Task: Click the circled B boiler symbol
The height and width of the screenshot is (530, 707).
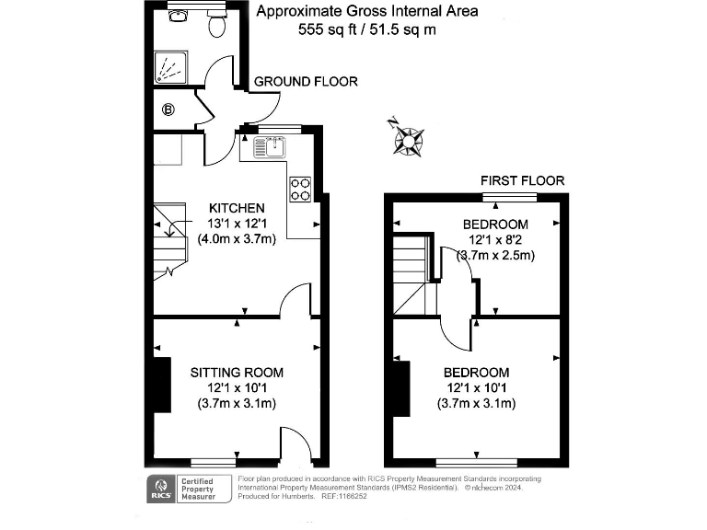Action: coord(168,110)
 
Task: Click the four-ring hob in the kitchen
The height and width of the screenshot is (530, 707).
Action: coord(300,189)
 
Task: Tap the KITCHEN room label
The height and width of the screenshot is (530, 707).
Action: coord(237,208)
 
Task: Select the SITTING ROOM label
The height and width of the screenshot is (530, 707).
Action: coord(237,373)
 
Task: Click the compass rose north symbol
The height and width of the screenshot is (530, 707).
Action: coord(406,139)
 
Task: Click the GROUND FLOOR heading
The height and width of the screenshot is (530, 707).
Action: coord(306,82)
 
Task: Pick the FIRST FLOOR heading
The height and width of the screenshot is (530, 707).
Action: coord(522,180)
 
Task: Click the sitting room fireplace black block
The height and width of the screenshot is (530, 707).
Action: coord(162,385)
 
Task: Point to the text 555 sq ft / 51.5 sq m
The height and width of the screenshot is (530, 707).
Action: coord(366,29)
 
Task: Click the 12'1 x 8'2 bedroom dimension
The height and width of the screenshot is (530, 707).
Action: coord(495,240)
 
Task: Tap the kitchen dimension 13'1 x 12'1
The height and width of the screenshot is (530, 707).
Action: coord(237,224)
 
